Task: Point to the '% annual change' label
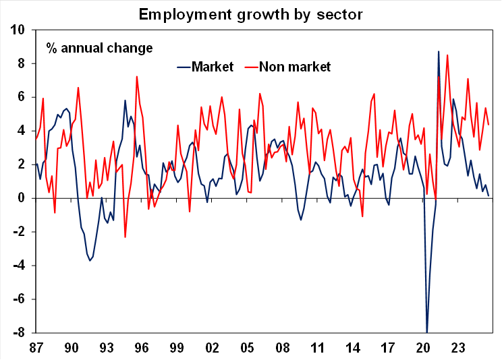click(99, 48)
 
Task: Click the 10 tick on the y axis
click(18, 30)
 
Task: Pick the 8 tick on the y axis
click(22, 64)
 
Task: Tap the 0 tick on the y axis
click(22, 198)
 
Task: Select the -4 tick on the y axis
click(20, 266)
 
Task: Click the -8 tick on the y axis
click(20, 333)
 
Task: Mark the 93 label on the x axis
click(106, 349)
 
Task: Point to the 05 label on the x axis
click(246, 349)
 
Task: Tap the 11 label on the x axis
click(316, 349)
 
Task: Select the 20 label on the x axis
click(423, 349)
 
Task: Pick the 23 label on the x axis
click(459, 349)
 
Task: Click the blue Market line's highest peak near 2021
click(439, 51)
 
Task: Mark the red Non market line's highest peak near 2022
click(447, 55)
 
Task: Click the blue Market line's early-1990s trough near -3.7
click(90, 260)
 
